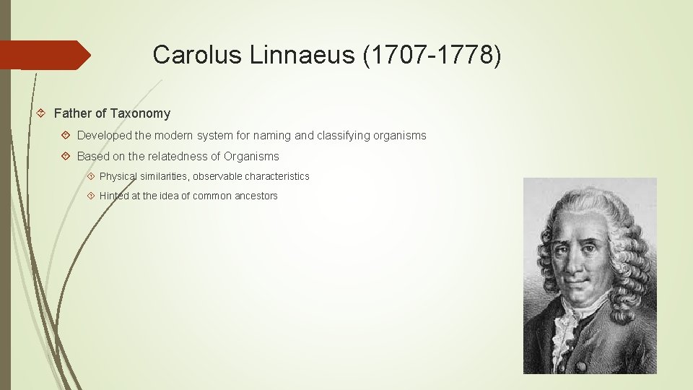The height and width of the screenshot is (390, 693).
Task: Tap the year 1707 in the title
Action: coord(394,55)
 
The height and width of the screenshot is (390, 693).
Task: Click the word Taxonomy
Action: coord(140,113)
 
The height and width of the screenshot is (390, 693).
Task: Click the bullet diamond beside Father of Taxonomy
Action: coord(42,113)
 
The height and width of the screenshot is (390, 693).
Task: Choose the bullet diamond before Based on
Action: coord(66,156)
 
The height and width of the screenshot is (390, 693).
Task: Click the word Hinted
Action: coord(114,196)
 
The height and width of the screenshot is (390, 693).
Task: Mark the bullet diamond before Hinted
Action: coord(91,196)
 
